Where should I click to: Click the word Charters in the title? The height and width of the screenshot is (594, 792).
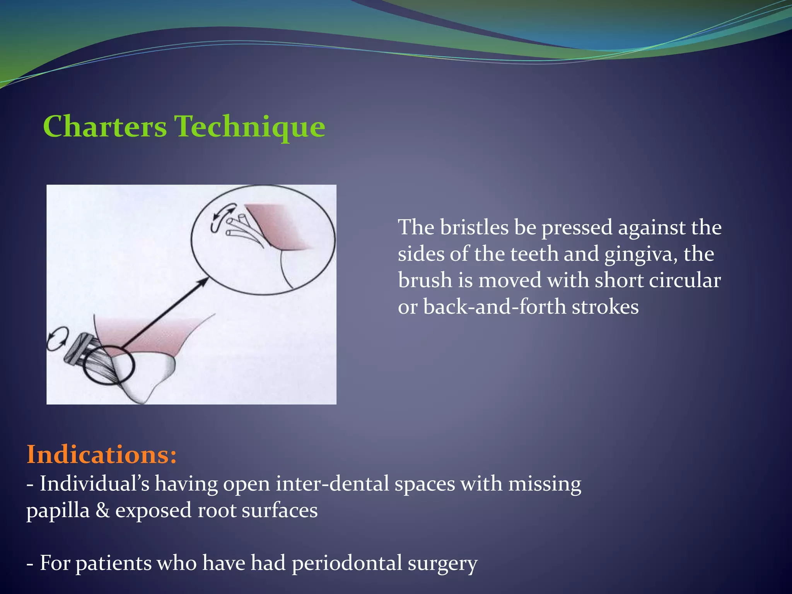105,126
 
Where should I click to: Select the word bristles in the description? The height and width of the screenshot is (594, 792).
474,227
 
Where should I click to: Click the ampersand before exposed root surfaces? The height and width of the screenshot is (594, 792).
103,510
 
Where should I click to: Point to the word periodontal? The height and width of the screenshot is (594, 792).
347,563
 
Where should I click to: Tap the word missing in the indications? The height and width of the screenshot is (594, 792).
544,484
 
